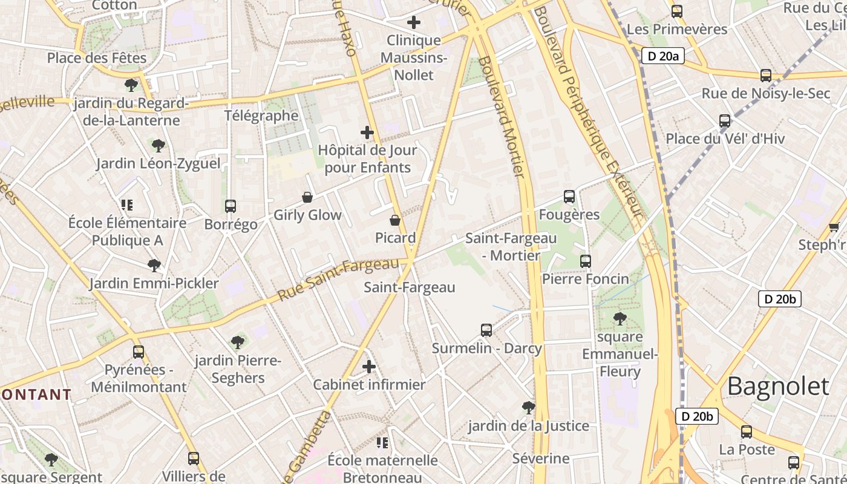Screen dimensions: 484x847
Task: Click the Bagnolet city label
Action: (x=778, y=386)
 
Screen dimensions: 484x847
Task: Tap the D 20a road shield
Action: (x=662, y=56)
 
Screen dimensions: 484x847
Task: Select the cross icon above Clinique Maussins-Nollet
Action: (x=414, y=23)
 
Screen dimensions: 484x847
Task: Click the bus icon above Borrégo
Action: (x=231, y=206)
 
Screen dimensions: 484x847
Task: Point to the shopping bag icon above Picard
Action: (x=395, y=220)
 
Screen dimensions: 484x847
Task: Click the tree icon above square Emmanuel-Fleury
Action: (x=620, y=319)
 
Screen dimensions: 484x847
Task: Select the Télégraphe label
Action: (x=261, y=116)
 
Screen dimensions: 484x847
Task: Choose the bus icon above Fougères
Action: (x=569, y=197)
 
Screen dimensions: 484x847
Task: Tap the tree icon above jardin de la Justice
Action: (x=529, y=408)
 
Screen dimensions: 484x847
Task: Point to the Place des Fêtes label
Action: (x=97, y=58)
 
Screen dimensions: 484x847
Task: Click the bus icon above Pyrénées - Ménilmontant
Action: (x=139, y=352)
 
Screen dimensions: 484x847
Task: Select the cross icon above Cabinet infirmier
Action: (x=369, y=367)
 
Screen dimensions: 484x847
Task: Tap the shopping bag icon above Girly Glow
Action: (x=307, y=197)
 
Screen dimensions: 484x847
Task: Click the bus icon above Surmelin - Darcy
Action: (x=486, y=330)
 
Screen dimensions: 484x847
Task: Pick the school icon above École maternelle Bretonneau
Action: (x=382, y=443)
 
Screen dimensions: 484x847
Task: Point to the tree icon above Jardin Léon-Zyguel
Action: (x=159, y=146)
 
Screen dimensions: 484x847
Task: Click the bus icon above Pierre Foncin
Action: (x=586, y=261)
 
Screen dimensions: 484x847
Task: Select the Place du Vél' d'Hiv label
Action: (x=725, y=139)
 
